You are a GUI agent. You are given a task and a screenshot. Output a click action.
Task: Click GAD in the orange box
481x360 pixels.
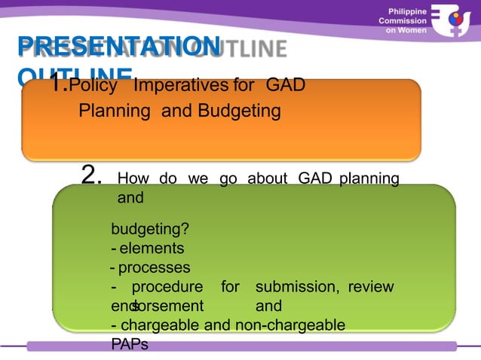(286, 85)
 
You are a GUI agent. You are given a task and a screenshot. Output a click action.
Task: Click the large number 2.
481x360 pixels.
(91, 176)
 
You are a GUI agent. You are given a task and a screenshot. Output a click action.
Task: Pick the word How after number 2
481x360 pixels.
(133, 179)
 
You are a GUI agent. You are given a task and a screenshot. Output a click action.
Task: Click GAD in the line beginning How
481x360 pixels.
(316, 179)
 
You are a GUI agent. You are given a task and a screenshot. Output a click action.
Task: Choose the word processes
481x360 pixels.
(155, 267)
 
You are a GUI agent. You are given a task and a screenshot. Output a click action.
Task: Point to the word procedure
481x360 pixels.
(167, 287)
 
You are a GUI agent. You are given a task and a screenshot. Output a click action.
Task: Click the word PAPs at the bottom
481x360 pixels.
(130, 344)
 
